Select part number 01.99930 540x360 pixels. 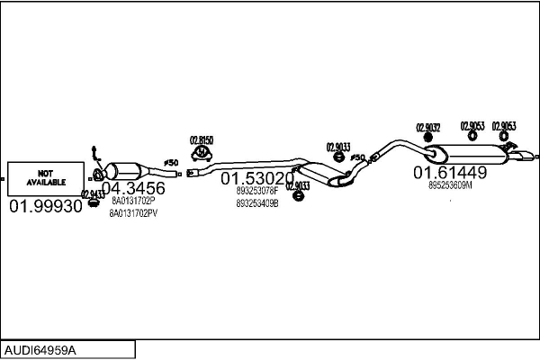pos(45,207)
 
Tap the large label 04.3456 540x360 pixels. pos(132,189)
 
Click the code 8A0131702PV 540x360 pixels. pos(133,214)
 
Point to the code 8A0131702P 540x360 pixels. pos(133,202)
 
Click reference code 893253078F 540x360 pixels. pos(258,192)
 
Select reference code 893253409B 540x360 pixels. pos(258,203)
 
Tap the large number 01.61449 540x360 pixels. pos(450,172)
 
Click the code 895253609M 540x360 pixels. pos(450,185)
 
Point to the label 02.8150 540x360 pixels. pos(201,139)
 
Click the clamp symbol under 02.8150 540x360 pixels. pos(202,161)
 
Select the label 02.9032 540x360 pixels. pos(427,127)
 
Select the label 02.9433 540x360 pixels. pos(93,193)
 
